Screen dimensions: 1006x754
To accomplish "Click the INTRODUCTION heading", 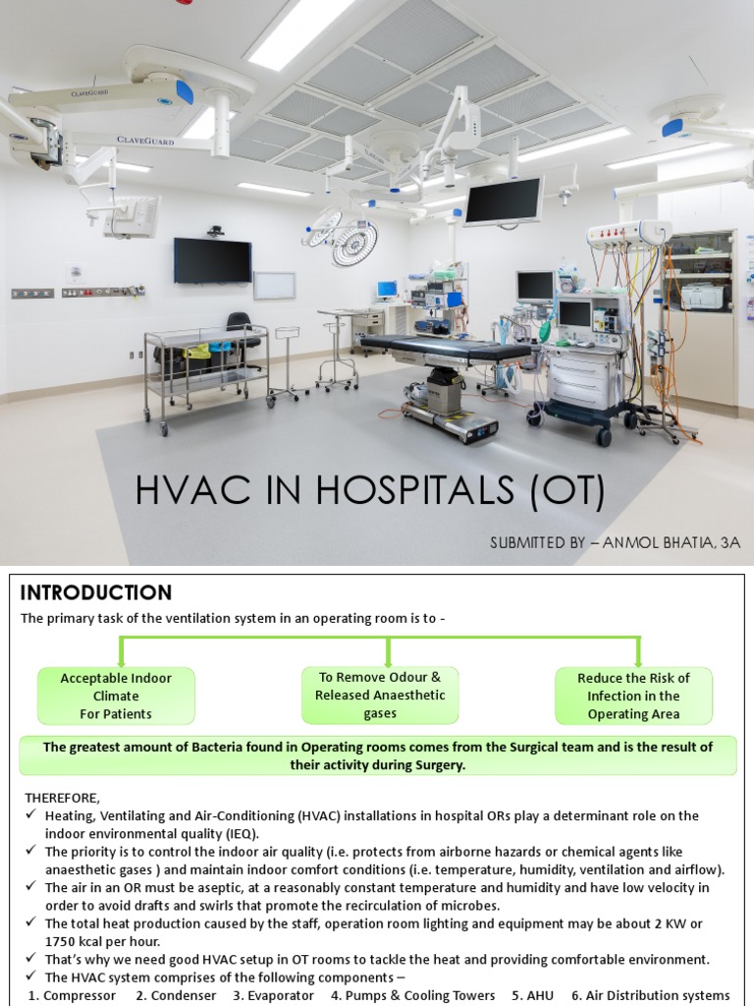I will point(96,592).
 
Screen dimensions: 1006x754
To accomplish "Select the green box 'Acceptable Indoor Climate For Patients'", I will point(116,696).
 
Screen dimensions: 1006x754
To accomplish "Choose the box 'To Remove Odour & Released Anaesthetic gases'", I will point(380,695).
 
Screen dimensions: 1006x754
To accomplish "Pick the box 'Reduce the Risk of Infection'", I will point(633,696).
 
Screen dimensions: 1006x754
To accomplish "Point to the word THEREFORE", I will point(62,797).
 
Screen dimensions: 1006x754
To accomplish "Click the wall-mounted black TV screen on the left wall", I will point(212,259).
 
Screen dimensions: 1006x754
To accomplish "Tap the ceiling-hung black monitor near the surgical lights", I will point(503,200).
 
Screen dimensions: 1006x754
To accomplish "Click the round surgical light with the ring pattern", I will point(354,243).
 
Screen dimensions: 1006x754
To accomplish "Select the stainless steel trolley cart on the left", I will point(205,373).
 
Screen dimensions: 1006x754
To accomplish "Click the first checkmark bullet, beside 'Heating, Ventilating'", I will point(32,815).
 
